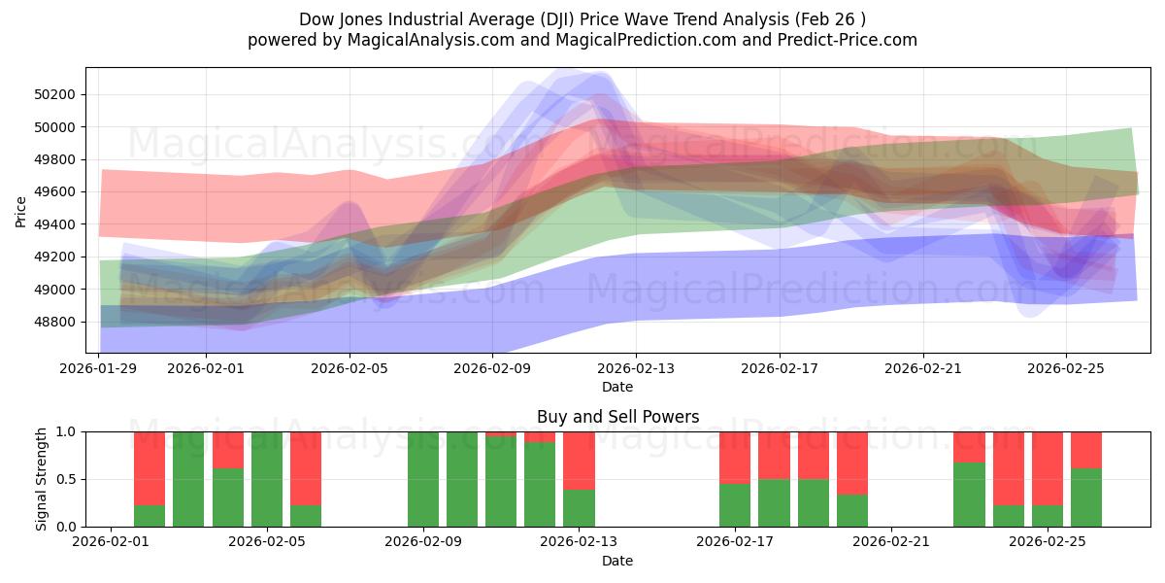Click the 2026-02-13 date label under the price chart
coord(636,368)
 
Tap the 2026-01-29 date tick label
coord(100,368)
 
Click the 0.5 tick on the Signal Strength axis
coord(67,479)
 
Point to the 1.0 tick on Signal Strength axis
coord(67,431)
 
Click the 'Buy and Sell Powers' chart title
coord(617,417)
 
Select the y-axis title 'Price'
coord(21,211)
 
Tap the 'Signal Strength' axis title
coord(43,479)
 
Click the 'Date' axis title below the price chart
coord(617,387)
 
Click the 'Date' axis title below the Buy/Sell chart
coord(617,561)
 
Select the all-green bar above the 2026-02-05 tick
coord(267,479)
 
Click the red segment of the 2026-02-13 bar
coord(579,460)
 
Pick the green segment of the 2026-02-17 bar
coord(735,505)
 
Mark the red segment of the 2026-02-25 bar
coord(1048,467)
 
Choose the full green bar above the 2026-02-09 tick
coord(423,479)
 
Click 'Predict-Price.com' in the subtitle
coord(852,40)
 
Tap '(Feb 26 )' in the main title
coord(831,18)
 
